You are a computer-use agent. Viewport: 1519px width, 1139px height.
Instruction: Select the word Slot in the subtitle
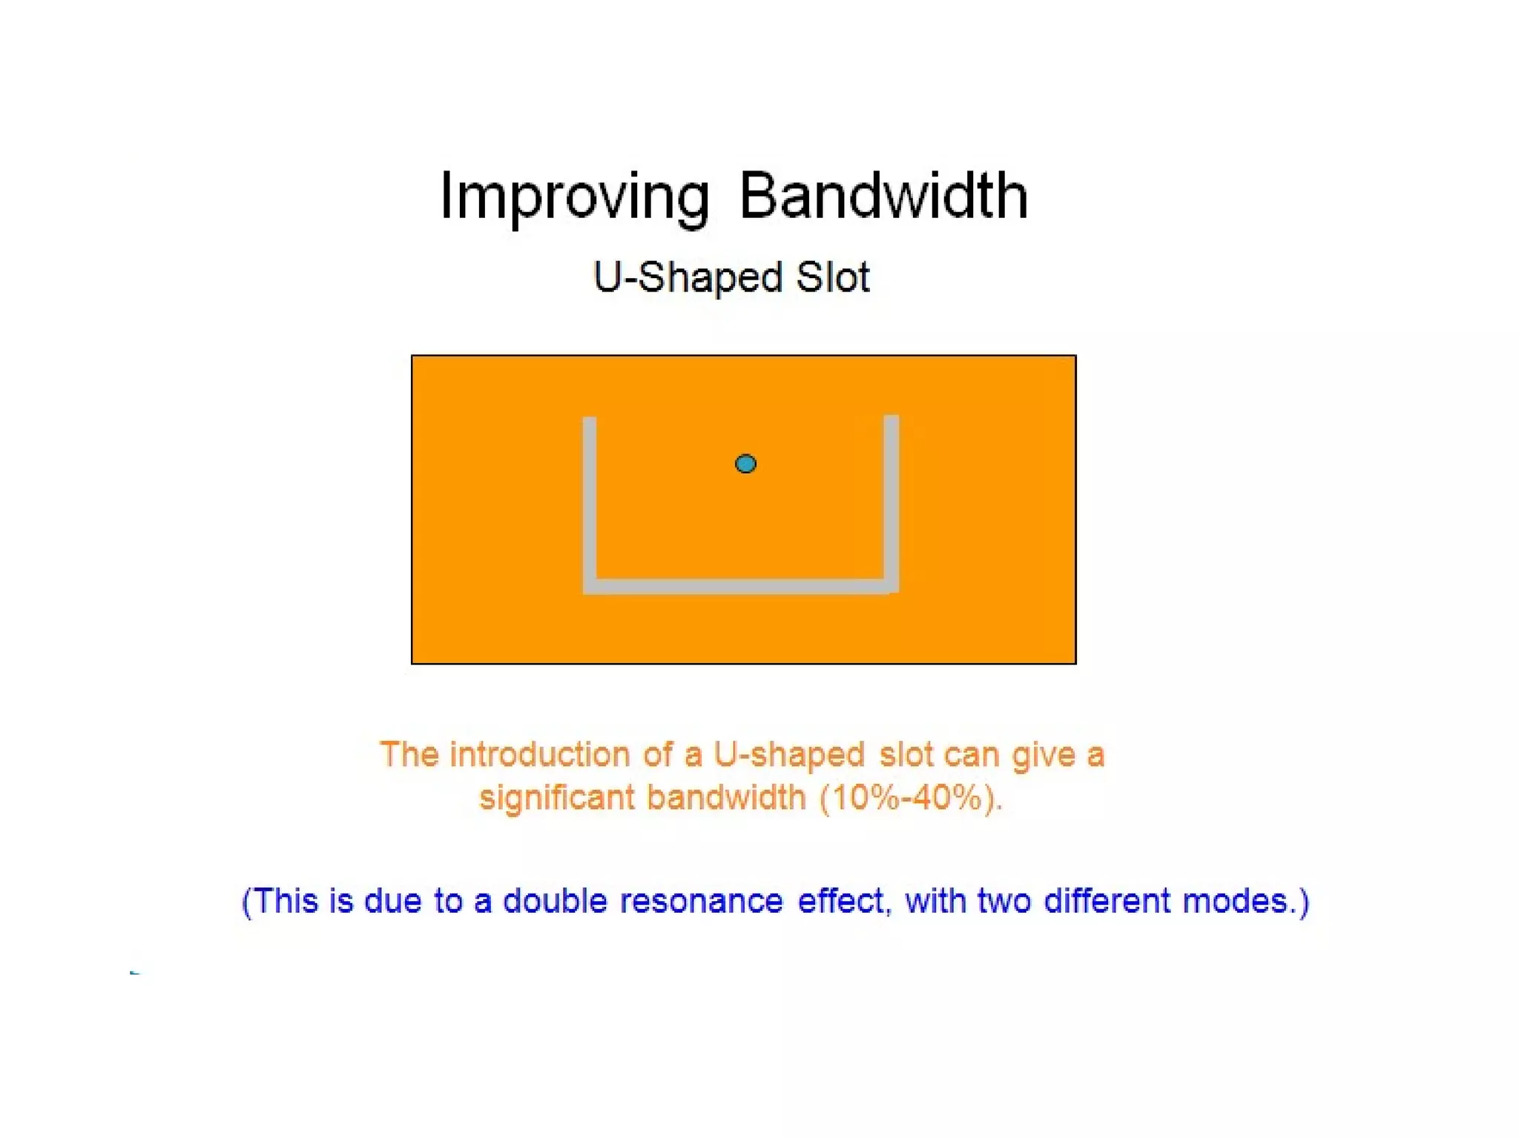(x=832, y=278)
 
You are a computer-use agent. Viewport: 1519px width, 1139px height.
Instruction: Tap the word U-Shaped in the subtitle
(x=688, y=278)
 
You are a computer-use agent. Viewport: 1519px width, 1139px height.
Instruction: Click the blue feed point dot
(x=745, y=464)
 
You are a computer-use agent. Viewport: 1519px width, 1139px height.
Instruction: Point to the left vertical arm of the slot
(x=590, y=497)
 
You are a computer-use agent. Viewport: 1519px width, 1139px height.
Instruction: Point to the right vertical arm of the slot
(x=892, y=497)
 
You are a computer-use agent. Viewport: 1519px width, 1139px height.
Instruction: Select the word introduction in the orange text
(x=541, y=755)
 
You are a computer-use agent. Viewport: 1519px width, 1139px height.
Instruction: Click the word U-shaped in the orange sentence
(x=788, y=755)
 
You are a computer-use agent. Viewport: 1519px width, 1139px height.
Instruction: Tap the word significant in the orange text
(x=557, y=799)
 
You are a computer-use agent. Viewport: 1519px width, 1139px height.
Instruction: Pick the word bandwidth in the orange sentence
(x=725, y=799)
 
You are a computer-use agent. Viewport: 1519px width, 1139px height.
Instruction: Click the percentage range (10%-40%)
(x=912, y=799)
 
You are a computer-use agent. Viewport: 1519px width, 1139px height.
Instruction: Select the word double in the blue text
(x=555, y=902)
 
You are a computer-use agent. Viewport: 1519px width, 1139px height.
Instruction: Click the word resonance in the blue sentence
(x=701, y=902)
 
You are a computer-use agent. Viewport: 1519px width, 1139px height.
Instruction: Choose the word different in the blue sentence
(x=1107, y=902)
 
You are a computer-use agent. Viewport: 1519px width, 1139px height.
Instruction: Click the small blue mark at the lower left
(x=134, y=972)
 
